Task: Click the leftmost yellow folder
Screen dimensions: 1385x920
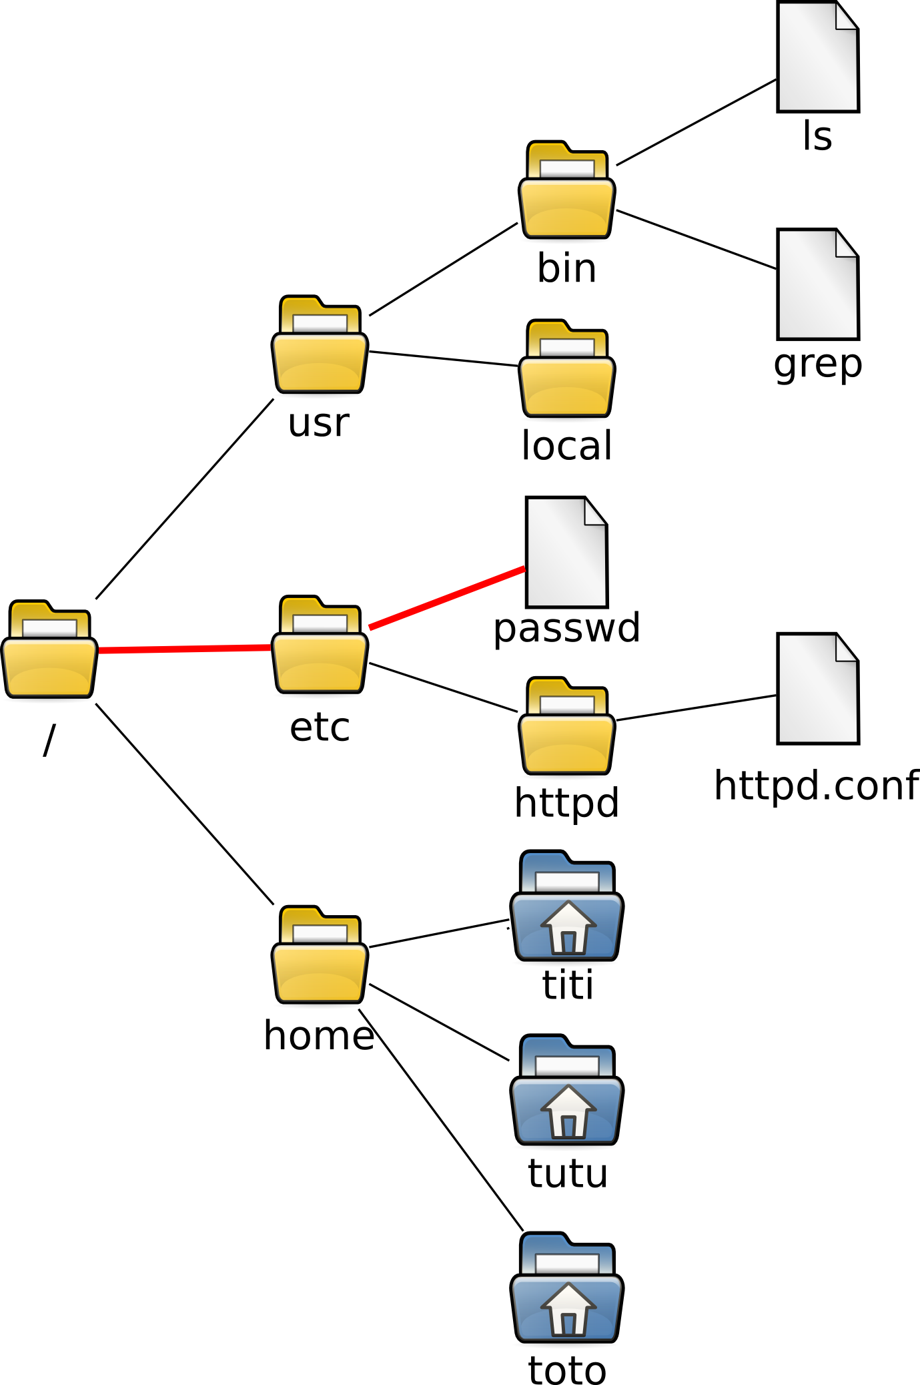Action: (x=49, y=650)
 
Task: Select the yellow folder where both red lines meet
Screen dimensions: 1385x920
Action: (x=320, y=645)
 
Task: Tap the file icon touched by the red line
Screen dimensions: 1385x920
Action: (x=566, y=553)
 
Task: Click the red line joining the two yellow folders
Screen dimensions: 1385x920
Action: (x=184, y=649)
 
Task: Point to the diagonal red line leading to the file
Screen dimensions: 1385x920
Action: (x=447, y=598)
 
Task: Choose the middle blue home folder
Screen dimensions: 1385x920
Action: (x=566, y=1091)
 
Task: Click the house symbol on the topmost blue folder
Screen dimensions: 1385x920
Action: (x=568, y=927)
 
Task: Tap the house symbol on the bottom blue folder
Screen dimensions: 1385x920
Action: (x=568, y=1309)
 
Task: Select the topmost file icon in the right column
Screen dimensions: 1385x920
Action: (x=818, y=57)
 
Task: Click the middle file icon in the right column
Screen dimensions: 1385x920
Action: (x=818, y=284)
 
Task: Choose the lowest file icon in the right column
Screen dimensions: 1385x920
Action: (x=818, y=689)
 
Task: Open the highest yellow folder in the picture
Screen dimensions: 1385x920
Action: (x=566, y=191)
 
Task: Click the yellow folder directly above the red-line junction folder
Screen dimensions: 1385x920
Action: (x=320, y=345)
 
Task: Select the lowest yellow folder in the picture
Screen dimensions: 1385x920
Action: (x=320, y=955)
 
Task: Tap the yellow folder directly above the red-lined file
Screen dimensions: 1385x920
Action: (x=566, y=370)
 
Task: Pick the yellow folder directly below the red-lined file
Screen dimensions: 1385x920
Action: (x=566, y=727)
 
